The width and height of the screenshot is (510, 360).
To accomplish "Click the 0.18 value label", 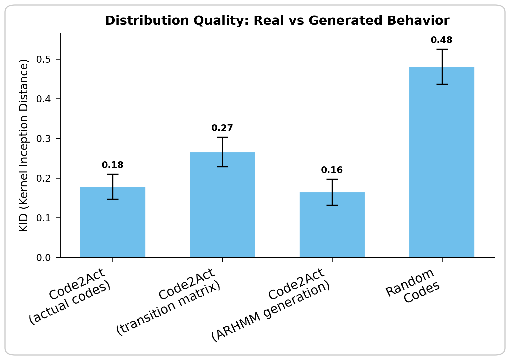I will tap(113, 165).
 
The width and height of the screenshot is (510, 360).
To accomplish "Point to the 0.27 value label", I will tap(222, 128).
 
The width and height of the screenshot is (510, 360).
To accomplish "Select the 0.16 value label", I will tap(332, 170).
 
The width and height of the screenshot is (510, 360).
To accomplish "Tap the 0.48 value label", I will tap(442, 40).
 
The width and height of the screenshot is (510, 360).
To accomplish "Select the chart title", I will tap(277, 21).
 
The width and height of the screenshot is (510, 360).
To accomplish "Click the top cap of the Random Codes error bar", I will tap(442, 49).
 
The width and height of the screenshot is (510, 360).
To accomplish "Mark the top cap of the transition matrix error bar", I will tap(222, 137).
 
